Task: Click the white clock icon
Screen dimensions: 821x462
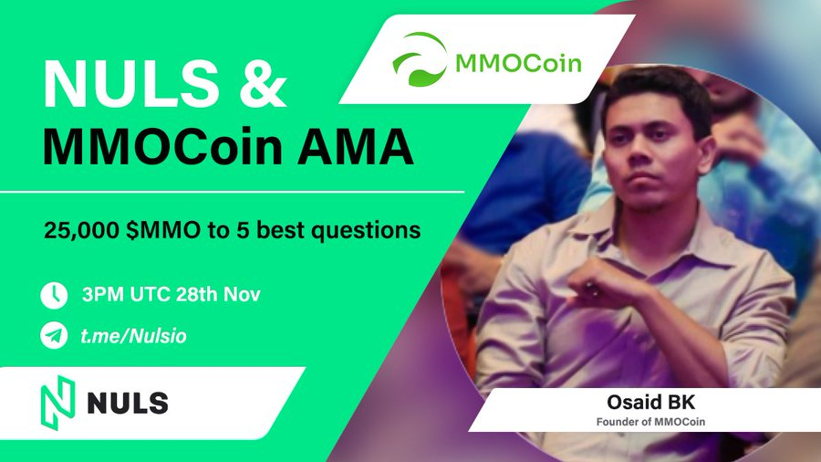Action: pos(54,296)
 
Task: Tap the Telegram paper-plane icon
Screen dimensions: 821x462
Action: pos(54,336)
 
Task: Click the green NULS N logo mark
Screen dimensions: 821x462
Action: pos(57,403)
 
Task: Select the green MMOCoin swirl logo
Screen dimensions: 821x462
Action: pos(420,58)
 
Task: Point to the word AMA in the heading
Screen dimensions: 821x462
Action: pos(356,147)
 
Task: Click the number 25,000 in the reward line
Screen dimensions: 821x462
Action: pos(82,231)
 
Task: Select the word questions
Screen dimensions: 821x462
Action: pos(366,231)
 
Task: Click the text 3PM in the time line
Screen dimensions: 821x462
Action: pos(103,294)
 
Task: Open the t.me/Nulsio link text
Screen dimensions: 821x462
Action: pos(133,336)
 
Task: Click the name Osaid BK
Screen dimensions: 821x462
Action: pos(650,403)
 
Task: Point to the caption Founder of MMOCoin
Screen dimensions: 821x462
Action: pos(650,422)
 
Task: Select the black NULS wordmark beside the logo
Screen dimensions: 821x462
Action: pos(128,403)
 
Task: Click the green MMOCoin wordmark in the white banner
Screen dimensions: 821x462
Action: pos(518,63)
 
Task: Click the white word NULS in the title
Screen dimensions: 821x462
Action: pos(130,84)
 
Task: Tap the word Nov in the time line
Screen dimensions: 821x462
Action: pos(242,294)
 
